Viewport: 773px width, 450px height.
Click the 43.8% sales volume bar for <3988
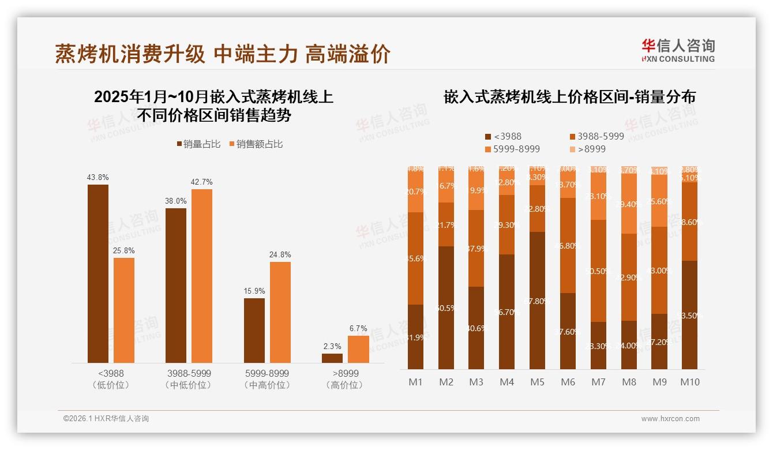pos(98,273)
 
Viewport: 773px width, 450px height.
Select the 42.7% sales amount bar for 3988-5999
pos(202,276)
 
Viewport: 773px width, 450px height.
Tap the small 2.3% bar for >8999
pos(332,358)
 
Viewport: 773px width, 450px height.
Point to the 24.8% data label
pos(280,254)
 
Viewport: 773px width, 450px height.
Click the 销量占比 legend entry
pos(198,144)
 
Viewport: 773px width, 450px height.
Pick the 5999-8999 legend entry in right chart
pos(512,149)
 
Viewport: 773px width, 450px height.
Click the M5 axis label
pos(538,382)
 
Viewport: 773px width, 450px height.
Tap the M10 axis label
pos(690,382)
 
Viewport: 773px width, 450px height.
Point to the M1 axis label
pos(415,382)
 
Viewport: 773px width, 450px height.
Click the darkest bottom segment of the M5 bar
pos(538,300)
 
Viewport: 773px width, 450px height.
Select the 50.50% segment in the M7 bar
pos(599,271)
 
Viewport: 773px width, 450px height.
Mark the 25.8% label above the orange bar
pos(124,250)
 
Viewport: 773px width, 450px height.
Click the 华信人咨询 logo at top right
pos(678,50)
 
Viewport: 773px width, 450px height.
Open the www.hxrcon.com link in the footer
pos(670,419)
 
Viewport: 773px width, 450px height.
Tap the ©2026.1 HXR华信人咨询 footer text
pos(106,419)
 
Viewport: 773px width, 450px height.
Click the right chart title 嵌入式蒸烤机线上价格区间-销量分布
pos(569,97)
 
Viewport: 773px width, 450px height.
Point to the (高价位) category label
pos(346,385)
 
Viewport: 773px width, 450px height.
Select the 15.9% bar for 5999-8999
pos(254,330)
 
